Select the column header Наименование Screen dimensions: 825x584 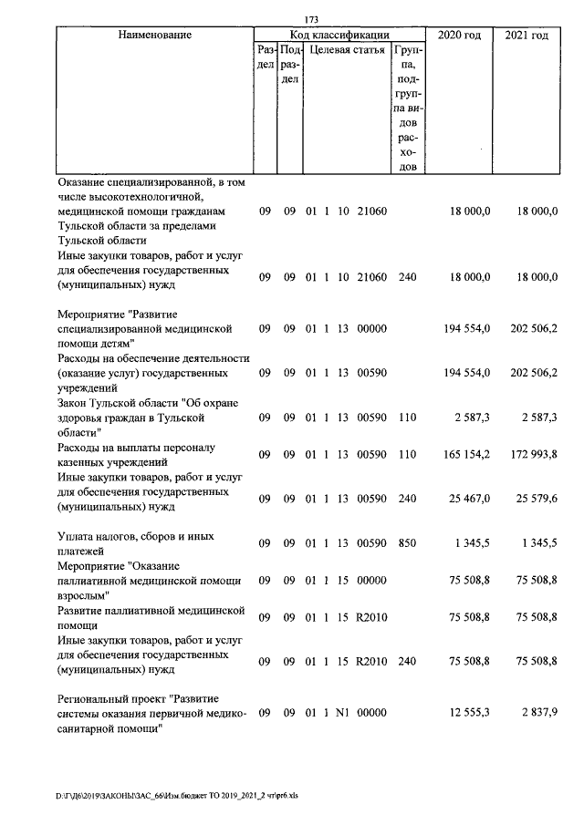pos(154,35)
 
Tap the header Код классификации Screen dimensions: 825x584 pos(339,35)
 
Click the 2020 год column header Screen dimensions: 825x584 pos(459,35)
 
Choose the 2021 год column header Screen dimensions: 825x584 pos(527,35)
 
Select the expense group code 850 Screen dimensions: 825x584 pos(407,543)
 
